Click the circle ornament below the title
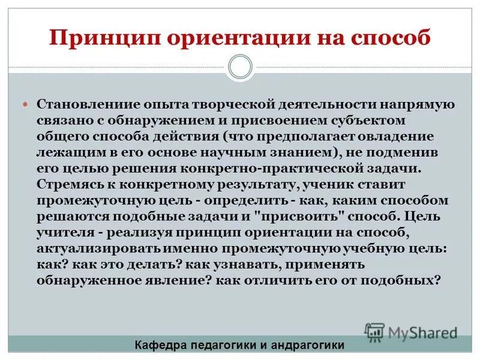(240, 67)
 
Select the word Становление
(77, 104)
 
